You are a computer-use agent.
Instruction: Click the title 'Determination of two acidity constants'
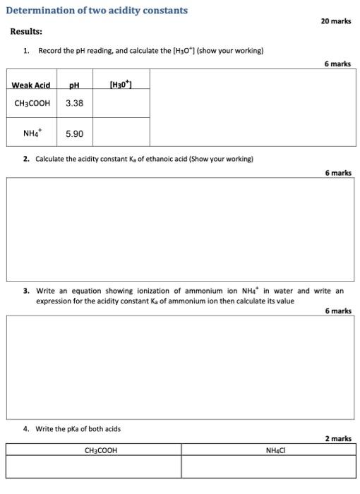[97, 11]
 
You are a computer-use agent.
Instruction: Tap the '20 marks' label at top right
[335, 21]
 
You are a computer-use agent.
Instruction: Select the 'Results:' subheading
[26, 32]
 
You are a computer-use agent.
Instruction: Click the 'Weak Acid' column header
[30, 85]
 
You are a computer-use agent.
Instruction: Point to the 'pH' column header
[74, 85]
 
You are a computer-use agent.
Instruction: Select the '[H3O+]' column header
[121, 85]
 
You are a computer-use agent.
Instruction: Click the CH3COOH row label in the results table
[32, 103]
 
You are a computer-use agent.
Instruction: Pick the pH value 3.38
[74, 103]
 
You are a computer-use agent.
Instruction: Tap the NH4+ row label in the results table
[30, 133]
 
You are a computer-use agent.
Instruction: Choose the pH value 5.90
[74, 133]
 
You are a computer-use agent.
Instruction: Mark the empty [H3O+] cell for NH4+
[121, 133]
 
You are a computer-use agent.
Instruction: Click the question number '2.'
[26, 159]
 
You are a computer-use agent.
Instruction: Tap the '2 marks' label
[338, 438]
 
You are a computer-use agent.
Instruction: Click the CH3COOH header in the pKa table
[101, 450]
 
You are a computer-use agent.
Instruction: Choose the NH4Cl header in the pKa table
[275, 450]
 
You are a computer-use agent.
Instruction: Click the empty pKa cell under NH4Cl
[268, 467]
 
